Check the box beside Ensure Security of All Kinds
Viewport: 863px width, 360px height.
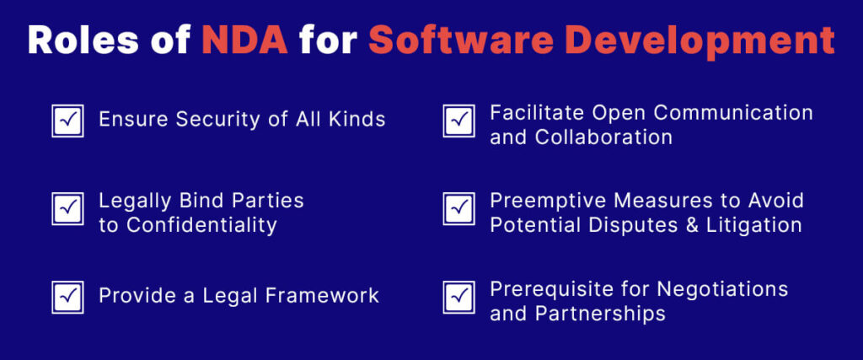coord(67,121)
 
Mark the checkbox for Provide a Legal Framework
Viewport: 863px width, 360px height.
coord(67,297)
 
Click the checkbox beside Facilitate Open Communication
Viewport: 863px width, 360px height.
coord(458,121)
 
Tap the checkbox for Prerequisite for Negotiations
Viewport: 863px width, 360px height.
coord(458,297)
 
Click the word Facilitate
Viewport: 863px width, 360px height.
coord(532,112)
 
